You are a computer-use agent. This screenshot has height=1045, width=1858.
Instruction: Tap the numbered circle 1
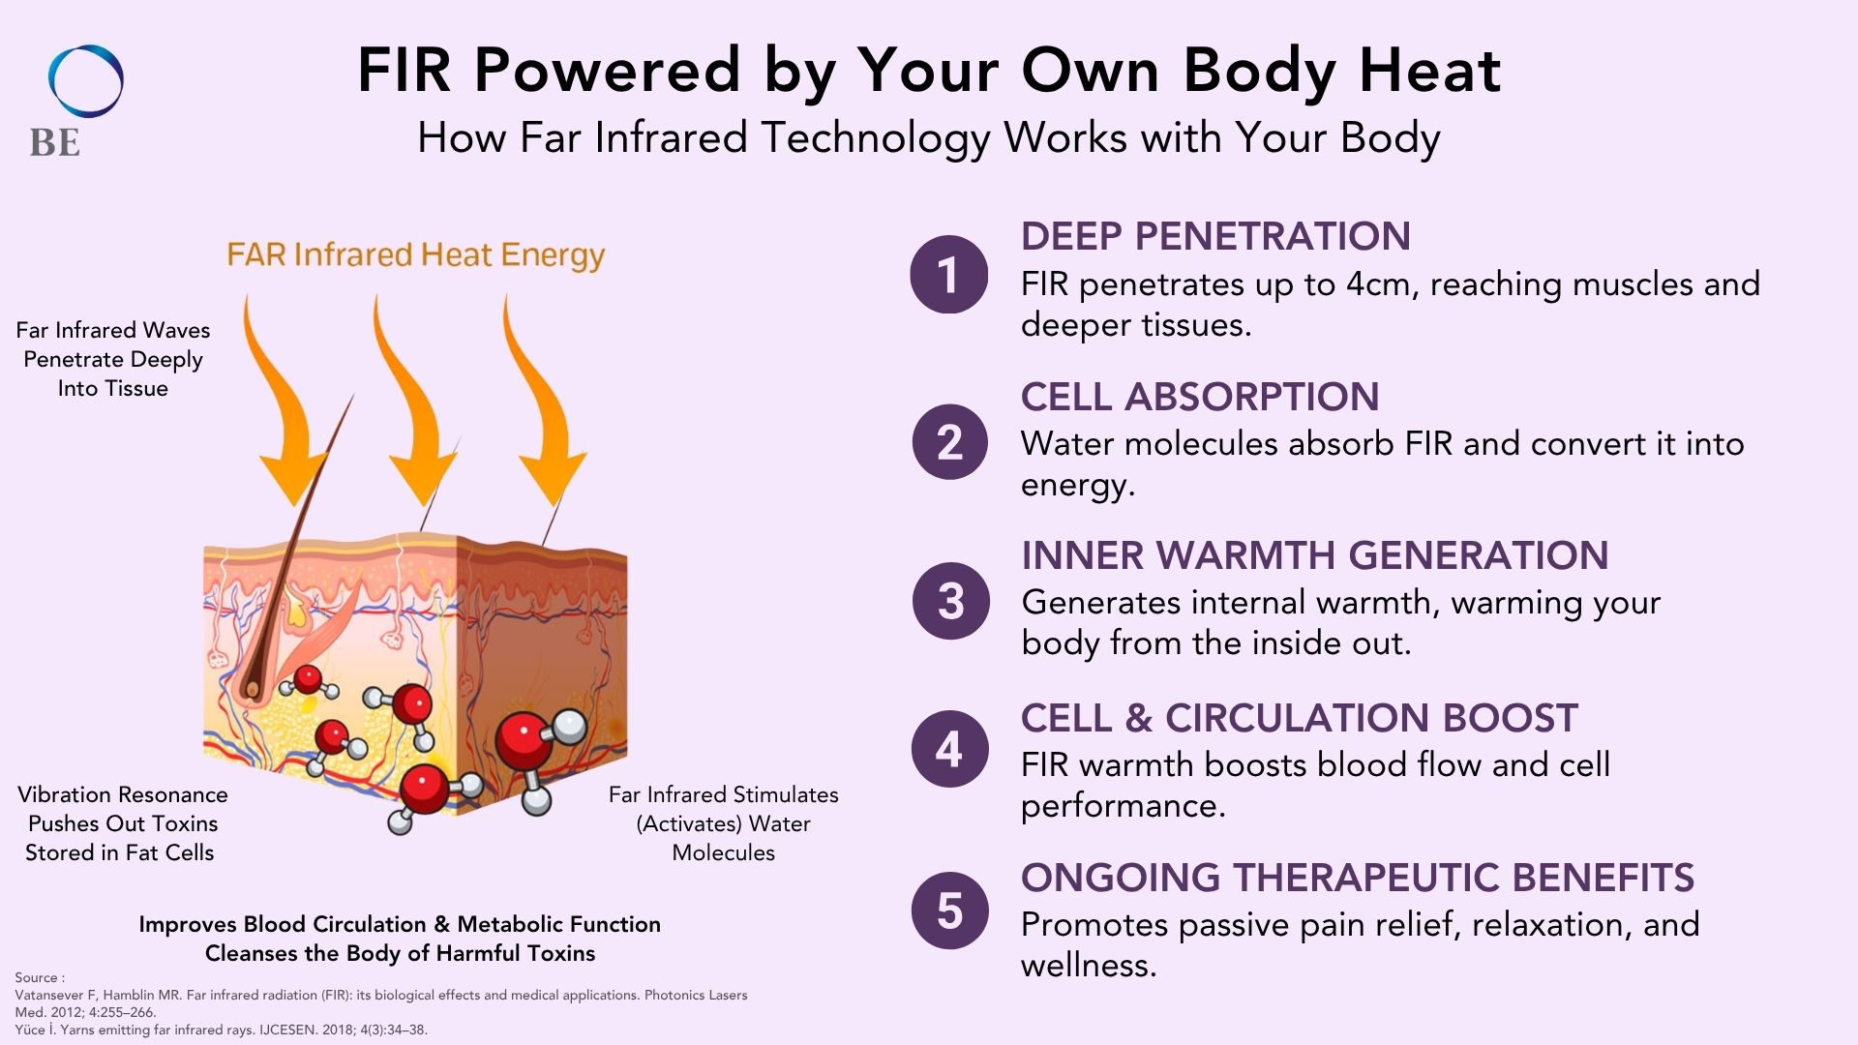click(x=949, y=275)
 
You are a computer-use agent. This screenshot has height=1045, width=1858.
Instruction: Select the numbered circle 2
click(x=950, y=442)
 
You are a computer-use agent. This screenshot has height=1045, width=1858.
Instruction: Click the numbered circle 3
click(x=951, y=601)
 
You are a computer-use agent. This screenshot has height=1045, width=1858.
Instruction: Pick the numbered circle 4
click(x=950, y=749)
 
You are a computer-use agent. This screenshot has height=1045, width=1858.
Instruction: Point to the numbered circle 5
click(x=950, y=911)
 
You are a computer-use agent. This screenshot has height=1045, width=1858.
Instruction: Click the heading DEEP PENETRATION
click(x=1215, y=236)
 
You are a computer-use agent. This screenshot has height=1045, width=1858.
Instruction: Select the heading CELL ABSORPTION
click(x=1200, y=397)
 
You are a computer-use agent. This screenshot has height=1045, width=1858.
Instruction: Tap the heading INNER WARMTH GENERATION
click(x=1315, y=555)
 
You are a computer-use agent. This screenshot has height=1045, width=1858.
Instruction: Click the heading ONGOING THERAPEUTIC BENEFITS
click(x=1358, y=878)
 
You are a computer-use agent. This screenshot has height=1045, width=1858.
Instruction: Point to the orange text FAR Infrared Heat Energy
click(x=416, y=255)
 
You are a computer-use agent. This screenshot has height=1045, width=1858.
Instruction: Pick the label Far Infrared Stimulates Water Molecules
click(x=724, y=823)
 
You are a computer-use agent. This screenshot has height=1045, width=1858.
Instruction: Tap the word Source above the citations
click(x=37, y=977)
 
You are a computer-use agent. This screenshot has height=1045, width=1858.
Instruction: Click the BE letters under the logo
click(x=55, y=143)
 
